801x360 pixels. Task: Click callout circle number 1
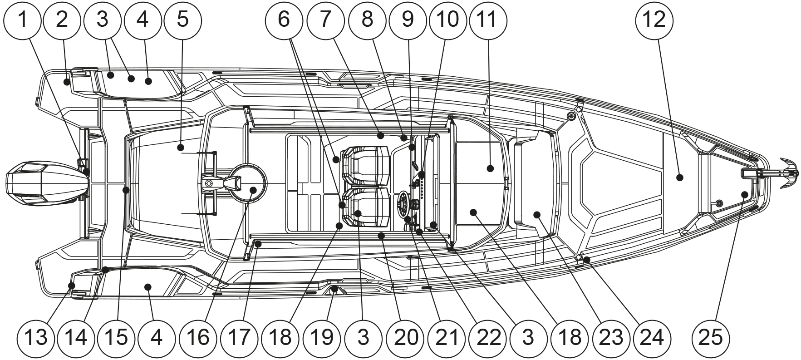pyautogui.click(x=22, y=20)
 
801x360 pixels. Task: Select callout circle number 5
pyautogui.click(x=182, y=20)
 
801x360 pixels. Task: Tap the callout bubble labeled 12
pyautogui.click(x=654, y=20)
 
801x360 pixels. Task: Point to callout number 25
pyautogui.click(x=711, y=337)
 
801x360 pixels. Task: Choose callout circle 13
pyautogui.click(x=36, y=337)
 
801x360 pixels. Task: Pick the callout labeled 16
pyautogui.click(x=198, y=337)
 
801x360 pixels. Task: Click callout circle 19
pyautogui.click(x=322, y=337)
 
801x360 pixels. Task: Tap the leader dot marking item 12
pyautogui.click(x=679, y=178)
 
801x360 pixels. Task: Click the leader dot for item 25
pyautogui.click(x=744, y=195)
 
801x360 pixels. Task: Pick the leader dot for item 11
pyautogui.click(x=490, y=168)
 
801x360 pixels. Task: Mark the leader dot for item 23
pyautogui.click(x=537, y=214)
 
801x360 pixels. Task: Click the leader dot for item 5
pyautogui.click(x=181, y=147)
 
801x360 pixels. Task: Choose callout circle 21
pyautogui.click(x=446, y=337)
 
